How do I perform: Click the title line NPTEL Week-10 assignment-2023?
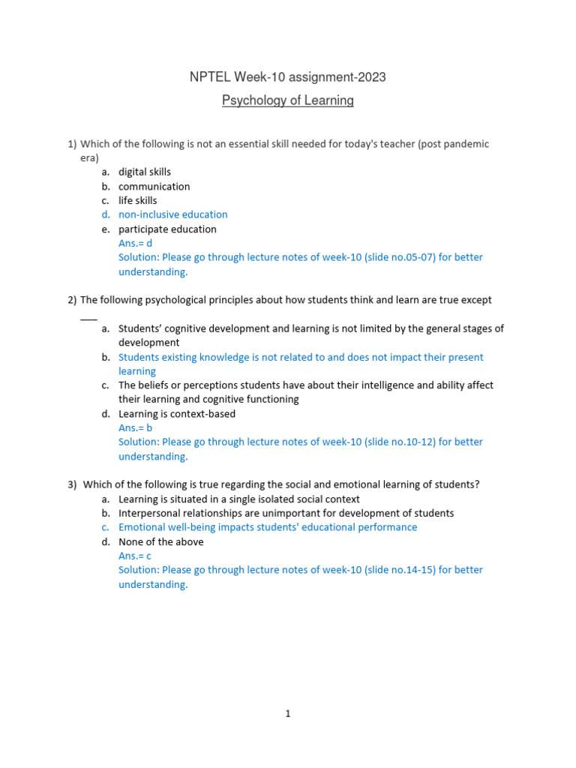pos(288,77)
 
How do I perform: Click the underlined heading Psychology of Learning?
pos(288,100)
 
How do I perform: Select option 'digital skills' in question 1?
pos(145,172)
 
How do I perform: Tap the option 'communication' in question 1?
pos(154,186)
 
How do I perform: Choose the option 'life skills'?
pos(138,200)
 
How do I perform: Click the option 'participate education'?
pos(167,229)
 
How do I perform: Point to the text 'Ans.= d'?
pos(135,243)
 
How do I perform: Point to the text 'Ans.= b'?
pos(135,427)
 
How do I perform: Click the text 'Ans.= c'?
pos(135,556)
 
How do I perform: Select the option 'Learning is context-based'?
pos(177,413)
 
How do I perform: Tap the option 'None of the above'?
pos(160,541)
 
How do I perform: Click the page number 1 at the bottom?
pos(287,714)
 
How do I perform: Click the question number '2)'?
pos(72,300)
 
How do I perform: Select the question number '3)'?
pos(72,484)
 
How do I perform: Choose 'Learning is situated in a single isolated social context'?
pos(238,499)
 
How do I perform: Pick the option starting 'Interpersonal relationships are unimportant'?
pos(286,513)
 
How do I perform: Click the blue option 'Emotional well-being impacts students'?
pos(268,527)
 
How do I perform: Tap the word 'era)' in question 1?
pos(89,157)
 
